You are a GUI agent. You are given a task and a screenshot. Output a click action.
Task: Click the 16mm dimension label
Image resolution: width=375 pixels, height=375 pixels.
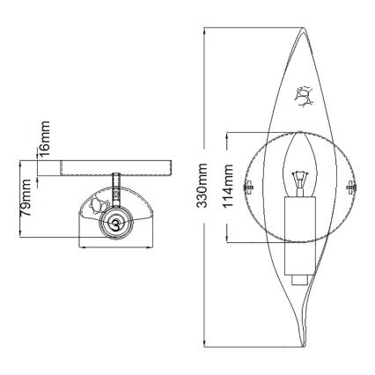click(47, 136)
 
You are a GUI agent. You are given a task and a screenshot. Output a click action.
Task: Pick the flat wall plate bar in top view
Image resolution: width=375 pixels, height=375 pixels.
click(107, 166)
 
